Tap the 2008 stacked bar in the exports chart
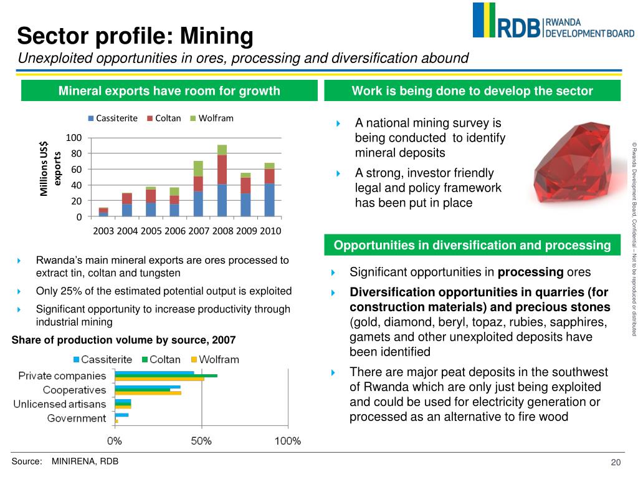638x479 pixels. [x=222, y=181]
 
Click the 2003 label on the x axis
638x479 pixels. [x=103, y=231]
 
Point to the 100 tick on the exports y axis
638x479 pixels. [x=74, y=138]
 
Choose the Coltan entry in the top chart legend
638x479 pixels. [x=164, y=118]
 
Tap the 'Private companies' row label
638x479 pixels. [x=62, y=375]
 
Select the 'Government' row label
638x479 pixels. [x=77, y=418]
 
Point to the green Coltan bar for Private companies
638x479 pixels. [x=166, y=375]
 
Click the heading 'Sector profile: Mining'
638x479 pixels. [x=135, y=36]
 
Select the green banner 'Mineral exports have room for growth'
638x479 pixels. [x=169, y=91]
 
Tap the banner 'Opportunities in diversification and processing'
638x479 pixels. [x=472, y=245]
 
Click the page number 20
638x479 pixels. [x=616, y=462]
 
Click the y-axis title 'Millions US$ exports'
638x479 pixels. [x=50, y=169]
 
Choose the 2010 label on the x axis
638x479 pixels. [x=269, y=231]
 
